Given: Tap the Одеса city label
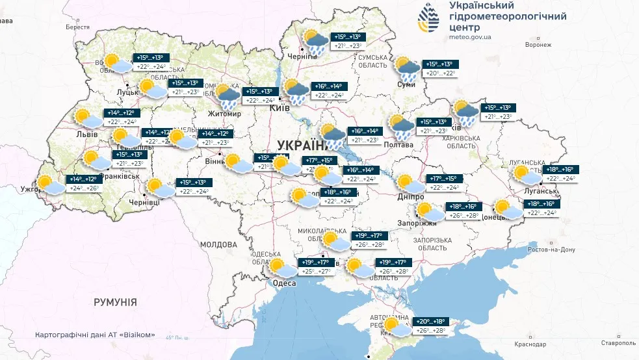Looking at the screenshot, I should pyautogui.click(x=284, y=283).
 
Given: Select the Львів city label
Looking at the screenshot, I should pyautogui.click(x=87, y=135).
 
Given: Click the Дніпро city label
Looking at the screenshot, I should pyautogui.click(x=410, y=197).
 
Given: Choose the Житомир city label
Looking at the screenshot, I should pyautogui.click(x=224, y=114).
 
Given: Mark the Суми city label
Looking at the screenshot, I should pyautogui.click(x=406, y=84).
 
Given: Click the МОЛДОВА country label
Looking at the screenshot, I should pyautogui.click(x=218, y=245).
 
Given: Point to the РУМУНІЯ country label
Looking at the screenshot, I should pyautogui.click(x=115, y=302).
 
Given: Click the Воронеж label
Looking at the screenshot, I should pyautogui.click(x=538, y=45).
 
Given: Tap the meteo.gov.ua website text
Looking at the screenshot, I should pyautogui.click(x=470, y=37).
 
